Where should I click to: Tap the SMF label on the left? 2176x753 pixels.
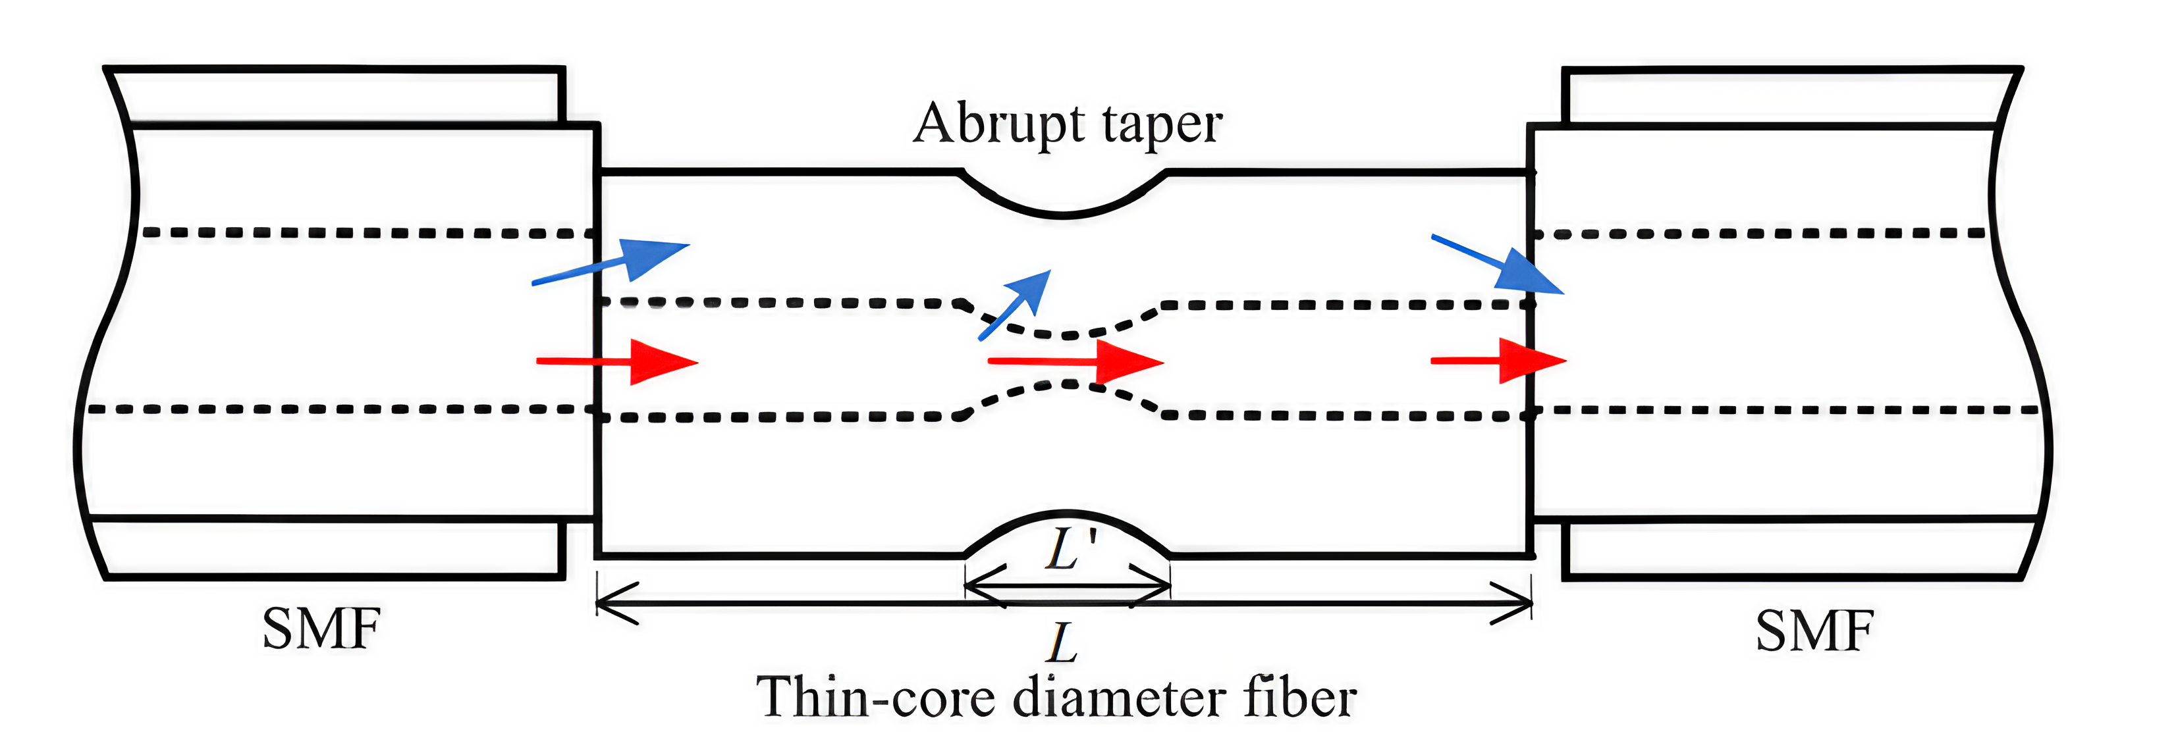pos(321,629)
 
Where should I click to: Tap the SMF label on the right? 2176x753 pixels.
pos(1814,631)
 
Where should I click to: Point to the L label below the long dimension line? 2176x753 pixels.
pos(1063,643)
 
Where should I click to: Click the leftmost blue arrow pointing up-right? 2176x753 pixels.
pos(611,263)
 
